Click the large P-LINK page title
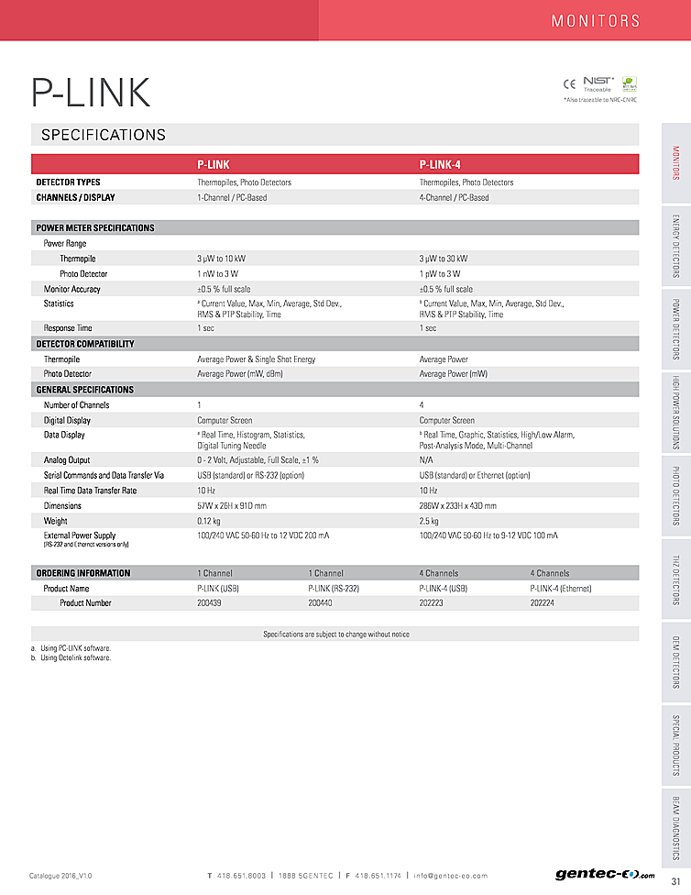(x=91, y=93)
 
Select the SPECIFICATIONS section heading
(x=104, y=136)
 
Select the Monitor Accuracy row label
(x=72, y=289)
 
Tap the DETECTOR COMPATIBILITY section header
(x=85, y=344)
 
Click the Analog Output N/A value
(x=426, y=459)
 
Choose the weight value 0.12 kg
(x=210, y=520)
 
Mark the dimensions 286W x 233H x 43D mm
(x=458, y=505)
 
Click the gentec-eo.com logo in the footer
(x=598, y=874)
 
